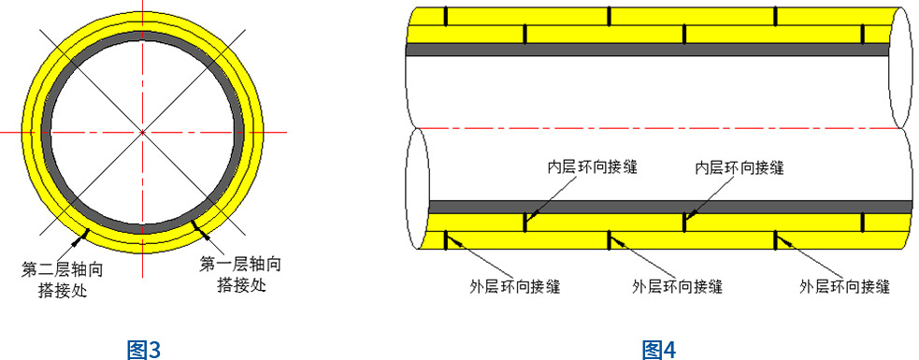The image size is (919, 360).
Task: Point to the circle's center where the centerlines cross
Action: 142,133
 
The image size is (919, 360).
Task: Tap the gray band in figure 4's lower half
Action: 654,206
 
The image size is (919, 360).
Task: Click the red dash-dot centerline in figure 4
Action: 654,128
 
